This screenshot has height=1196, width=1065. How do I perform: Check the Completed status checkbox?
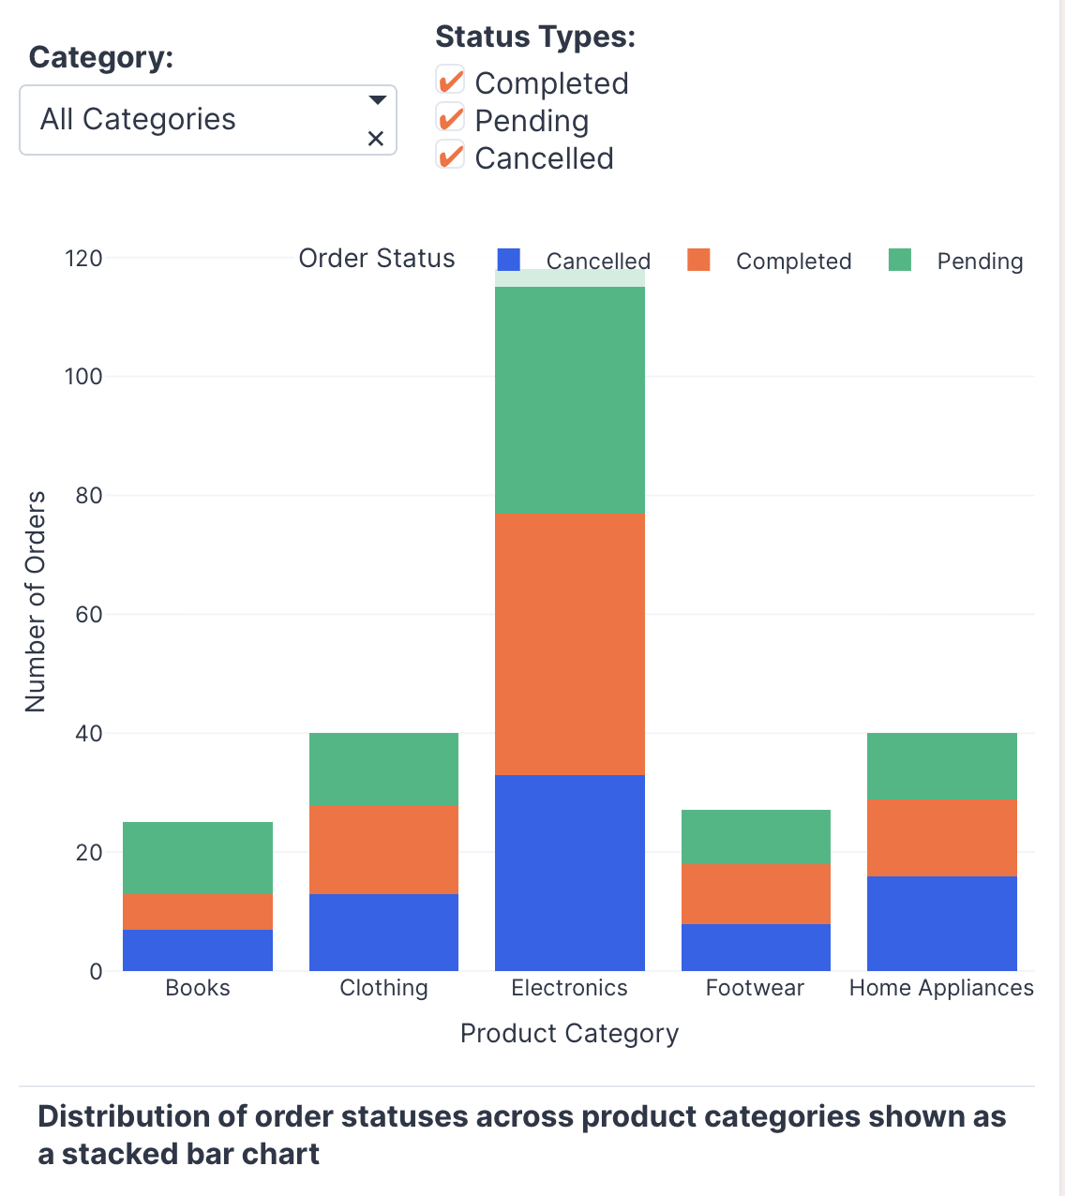point(451,82)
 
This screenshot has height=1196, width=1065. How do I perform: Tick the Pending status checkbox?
point(451,119)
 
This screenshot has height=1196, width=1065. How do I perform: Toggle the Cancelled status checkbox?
point(451,157)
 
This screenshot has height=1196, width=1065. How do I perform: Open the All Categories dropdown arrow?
point(377,100)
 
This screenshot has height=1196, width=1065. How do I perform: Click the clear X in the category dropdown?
point(376,139)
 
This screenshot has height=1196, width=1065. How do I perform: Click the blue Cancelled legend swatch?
point(509,260)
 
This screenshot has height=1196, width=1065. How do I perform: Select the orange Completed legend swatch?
point(698,260)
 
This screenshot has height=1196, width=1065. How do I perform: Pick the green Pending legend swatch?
point(900,260)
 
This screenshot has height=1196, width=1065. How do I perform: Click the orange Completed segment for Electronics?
point(570,644)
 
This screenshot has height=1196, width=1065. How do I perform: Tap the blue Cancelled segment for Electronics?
point(570,873)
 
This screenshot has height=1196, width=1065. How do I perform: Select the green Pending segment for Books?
point(198,858)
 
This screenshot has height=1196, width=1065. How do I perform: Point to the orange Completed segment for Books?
point(198,911)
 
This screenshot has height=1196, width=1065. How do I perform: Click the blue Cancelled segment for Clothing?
point(383,932)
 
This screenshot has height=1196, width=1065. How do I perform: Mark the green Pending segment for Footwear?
point(756,836)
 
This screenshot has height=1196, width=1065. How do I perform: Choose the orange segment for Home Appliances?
point(942,838)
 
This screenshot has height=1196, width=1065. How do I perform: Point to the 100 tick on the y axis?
point(83,377)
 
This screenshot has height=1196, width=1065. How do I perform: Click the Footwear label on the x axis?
point(756,988)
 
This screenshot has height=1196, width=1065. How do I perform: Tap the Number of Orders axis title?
point(36,602)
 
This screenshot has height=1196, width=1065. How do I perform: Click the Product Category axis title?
point(570,1033)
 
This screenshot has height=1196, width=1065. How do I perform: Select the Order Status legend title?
point(377,259)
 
